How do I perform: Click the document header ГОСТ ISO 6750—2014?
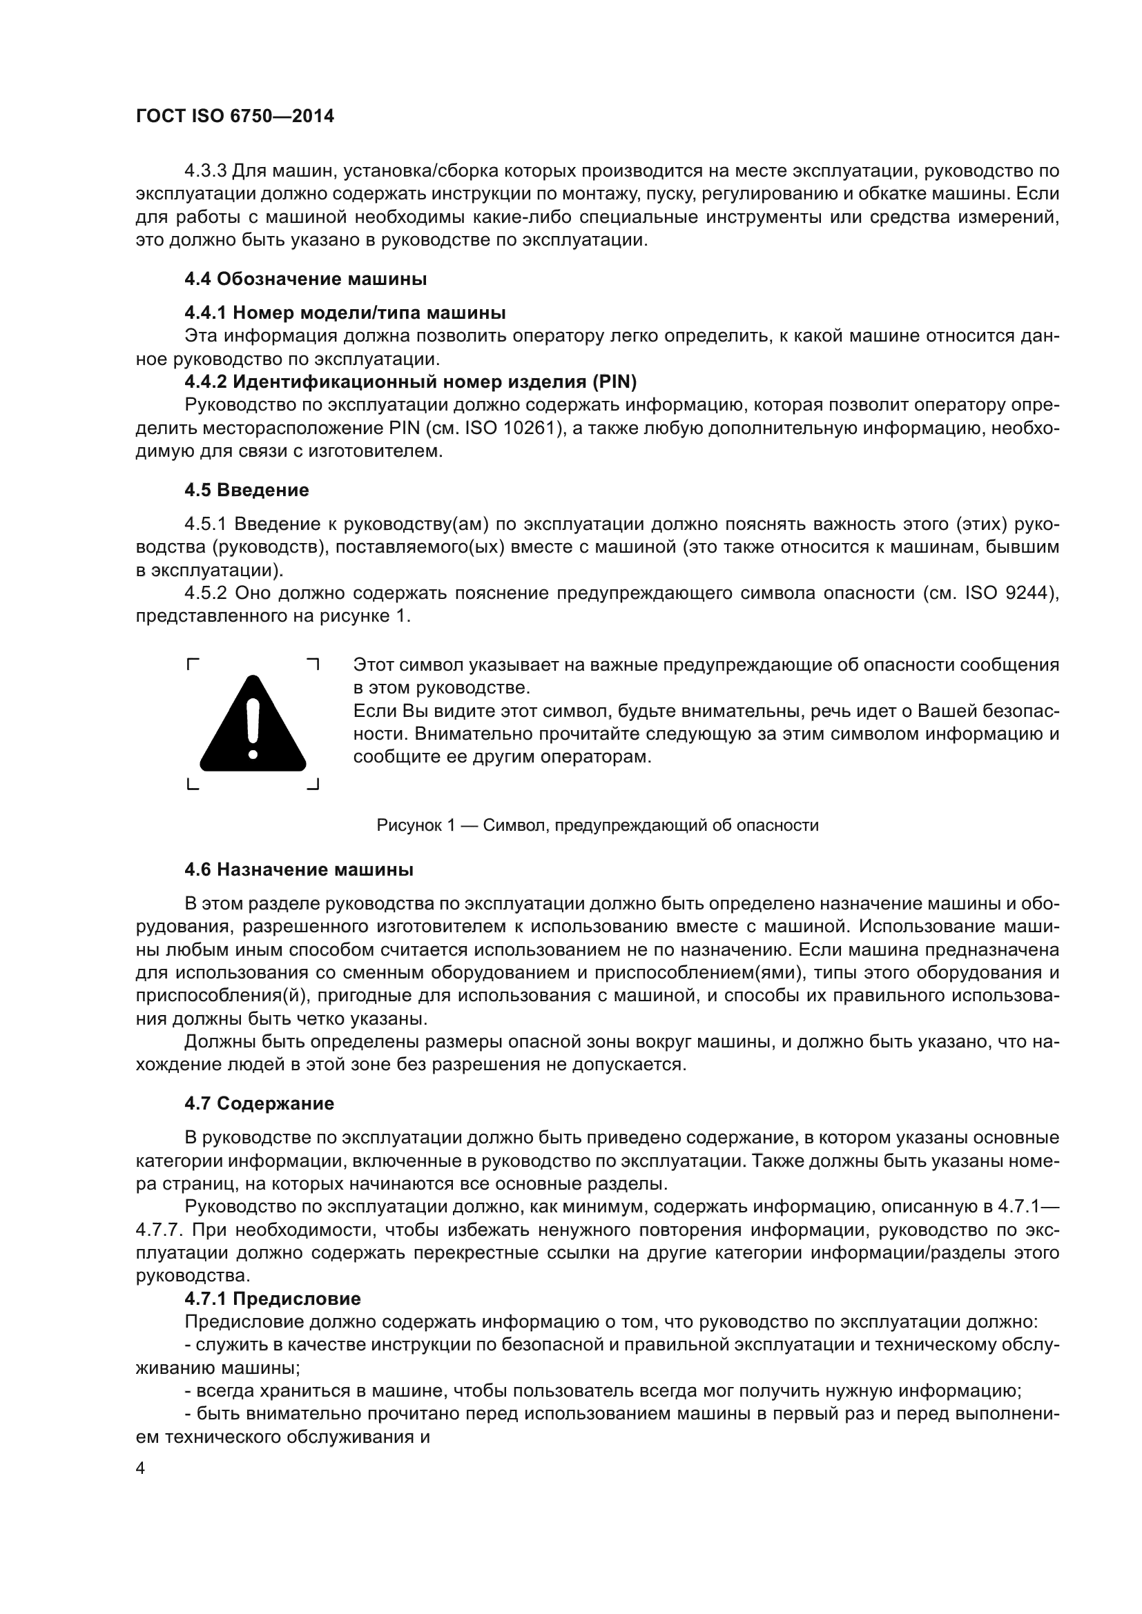coord(235,117)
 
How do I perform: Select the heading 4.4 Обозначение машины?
coord(305,279)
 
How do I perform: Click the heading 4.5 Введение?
coord(246,490)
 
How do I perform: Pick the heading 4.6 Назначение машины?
coord(298,870)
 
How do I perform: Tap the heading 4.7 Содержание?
coord(259,1103)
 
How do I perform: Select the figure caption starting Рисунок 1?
coord(597,825)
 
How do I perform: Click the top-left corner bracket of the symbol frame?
coord(193,664)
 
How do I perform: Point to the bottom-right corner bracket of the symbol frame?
coord(313,785)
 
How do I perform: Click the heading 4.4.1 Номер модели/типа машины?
coord(345,312)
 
